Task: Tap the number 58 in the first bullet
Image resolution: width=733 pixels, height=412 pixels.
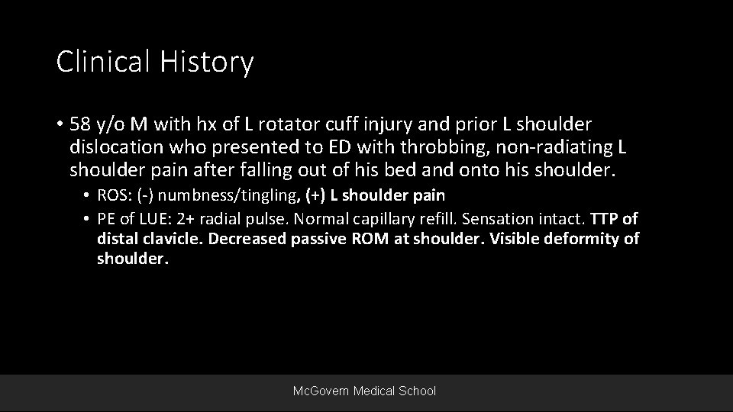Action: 79,124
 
